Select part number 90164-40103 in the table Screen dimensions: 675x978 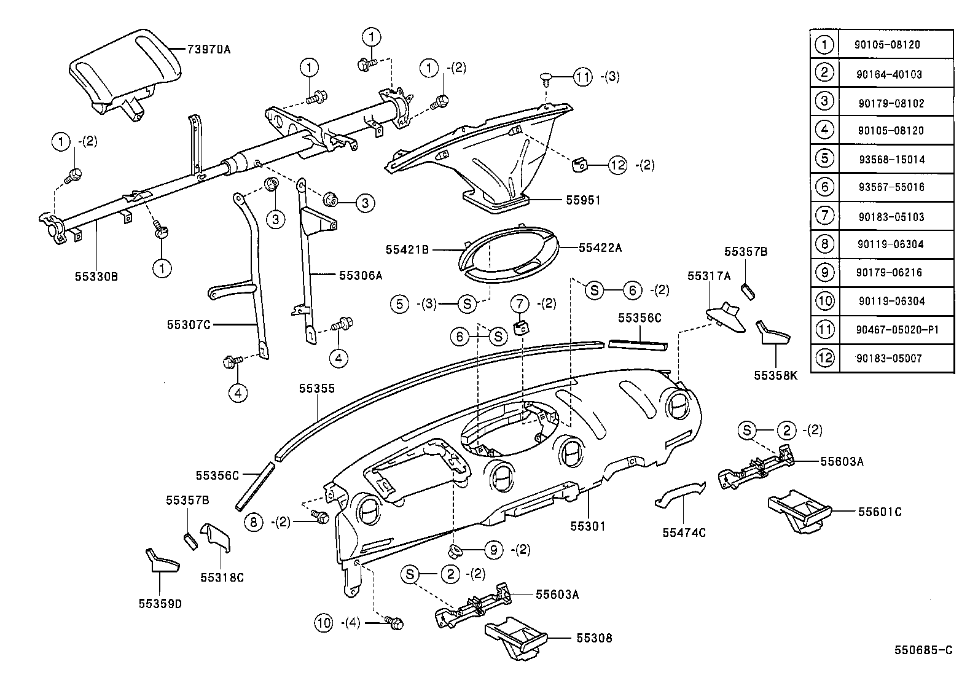[x=889, y=74]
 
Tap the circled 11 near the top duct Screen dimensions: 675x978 [x=582, y=77]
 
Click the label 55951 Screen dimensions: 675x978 [x=583, y=200]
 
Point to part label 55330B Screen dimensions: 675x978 [x=97, y=276]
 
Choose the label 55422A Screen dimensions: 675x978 [x=600, y=248]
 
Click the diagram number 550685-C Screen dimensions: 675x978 [x=923, y=650]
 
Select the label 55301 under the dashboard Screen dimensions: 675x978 [x=588, y=526]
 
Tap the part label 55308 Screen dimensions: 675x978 [x=594, y=638]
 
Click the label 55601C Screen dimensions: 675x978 [x=880, y=512]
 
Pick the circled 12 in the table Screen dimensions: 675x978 [x=824, y=357]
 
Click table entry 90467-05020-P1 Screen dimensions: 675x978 [x=897, y=330]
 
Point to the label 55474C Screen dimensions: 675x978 [x=684, y=533]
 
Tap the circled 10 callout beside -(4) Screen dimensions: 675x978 [x=324, y=623]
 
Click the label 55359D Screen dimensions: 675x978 [x=160, y=604]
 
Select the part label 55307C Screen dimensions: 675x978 [x=189, y=324]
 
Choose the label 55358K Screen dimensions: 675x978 [x=776, y=375]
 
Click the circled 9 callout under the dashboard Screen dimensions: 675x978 [x=493, y=549]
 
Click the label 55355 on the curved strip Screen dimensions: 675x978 [x=317, y=388]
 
